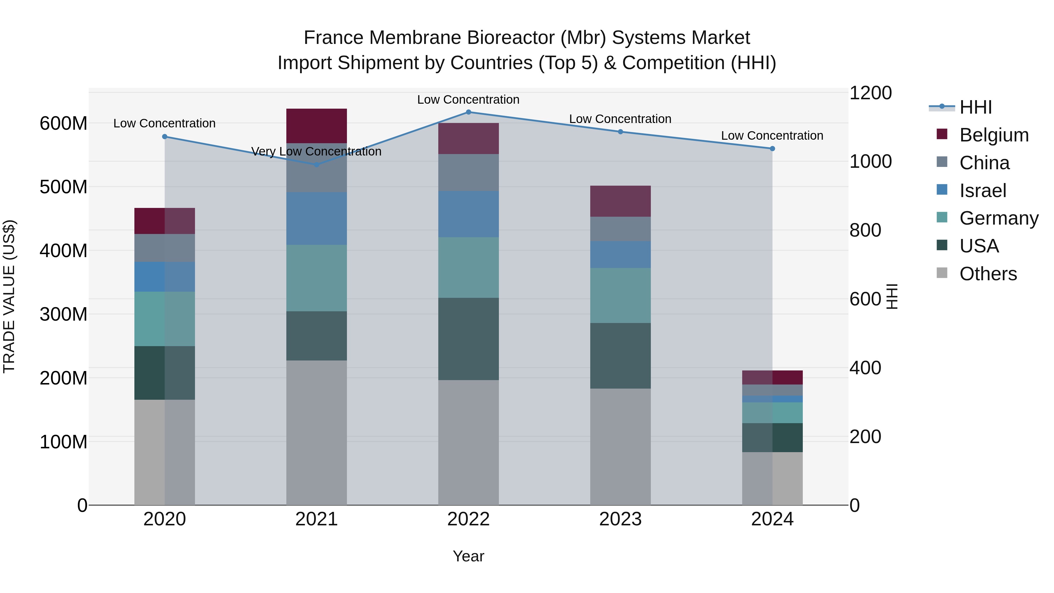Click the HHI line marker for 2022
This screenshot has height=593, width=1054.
(468, 112)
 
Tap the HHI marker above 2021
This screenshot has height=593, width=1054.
(316, 165)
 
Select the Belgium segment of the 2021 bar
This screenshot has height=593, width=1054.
(316, 126)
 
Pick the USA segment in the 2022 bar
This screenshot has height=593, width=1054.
(468, 339)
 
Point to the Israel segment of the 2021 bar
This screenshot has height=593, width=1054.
(316, 218)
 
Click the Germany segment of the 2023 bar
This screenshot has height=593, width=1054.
(620, 295)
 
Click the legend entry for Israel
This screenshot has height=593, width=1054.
(982, 191)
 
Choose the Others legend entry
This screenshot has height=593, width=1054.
(988, 274)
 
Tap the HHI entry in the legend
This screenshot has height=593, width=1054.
(976, 107)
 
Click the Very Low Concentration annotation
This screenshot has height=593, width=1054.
(316, 151)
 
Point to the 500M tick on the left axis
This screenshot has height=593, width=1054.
(64, 187)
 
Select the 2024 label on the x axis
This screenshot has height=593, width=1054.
(772, 519)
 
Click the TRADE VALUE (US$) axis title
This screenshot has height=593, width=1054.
(9, 296)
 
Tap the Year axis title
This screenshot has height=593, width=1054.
(468, 556)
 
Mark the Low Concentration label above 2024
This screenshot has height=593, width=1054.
(772, 136)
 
